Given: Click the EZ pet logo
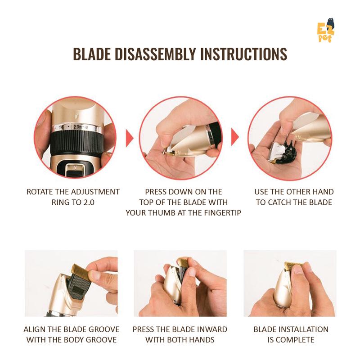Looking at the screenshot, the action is (326, 31).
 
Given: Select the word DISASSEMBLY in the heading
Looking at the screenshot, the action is (155, 54).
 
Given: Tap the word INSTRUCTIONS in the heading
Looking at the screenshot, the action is (243, 54).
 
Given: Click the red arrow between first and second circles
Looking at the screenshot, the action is (130, 138).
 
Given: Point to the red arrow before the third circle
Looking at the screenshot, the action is (235, 137).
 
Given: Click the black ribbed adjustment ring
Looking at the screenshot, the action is (77, 143).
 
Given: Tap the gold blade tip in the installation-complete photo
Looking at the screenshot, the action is (293, 267).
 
